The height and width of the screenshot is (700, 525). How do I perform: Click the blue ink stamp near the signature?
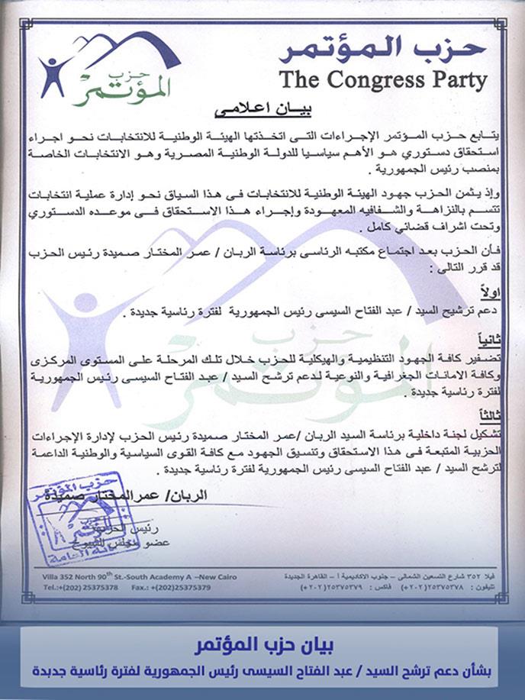(70, 518)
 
